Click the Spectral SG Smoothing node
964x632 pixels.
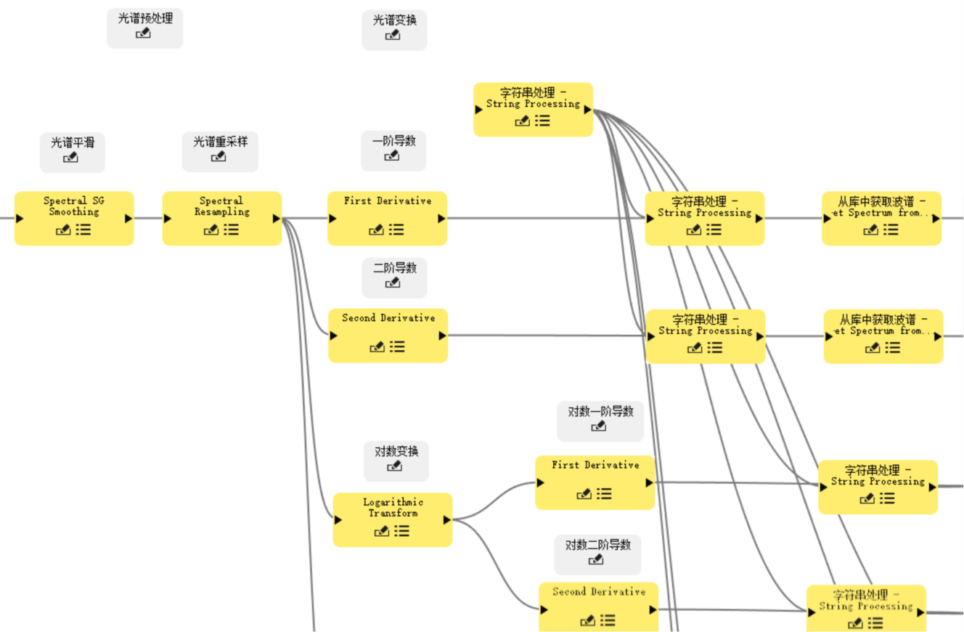click(x=74, y=206)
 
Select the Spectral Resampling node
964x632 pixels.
click(x=221, y=206)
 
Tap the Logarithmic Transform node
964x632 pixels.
click(x=392, y=508)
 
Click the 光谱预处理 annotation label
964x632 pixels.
click(x=145, y=19)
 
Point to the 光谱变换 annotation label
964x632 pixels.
click(x=394, y=20)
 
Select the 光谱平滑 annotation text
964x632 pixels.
click(x=72, y=142)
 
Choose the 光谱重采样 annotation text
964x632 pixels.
click(x=220, y=142)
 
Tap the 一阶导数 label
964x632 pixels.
click(x=393, y=141)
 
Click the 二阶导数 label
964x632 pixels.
click(x=394, y=268)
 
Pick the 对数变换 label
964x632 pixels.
click(x=396, y=451)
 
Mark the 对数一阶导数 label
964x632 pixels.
click(x=600, y=411)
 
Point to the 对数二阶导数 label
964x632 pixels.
click(x=598, y=544)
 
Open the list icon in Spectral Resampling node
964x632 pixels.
click(x=232, y=230)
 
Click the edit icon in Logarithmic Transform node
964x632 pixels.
click(x=382, y=531)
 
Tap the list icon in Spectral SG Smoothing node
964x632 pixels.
click(x=83, y=230)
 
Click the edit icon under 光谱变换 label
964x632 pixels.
click(x=393, y=35)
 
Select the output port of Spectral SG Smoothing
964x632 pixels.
click(x=128, y=218)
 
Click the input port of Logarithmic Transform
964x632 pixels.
click(x=338, y=519)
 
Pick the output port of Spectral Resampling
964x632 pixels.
click(x=276, y=218)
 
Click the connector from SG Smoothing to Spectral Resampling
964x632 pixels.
click(x=148, y=218)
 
